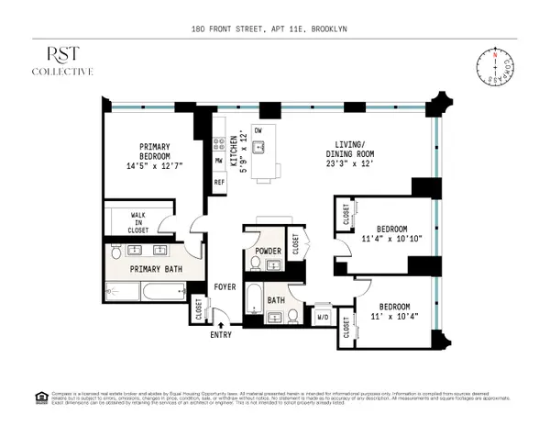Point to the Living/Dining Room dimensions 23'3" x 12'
352,164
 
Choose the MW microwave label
219,161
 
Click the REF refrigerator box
219,182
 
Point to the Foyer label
225,286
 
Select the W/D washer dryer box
322,317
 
